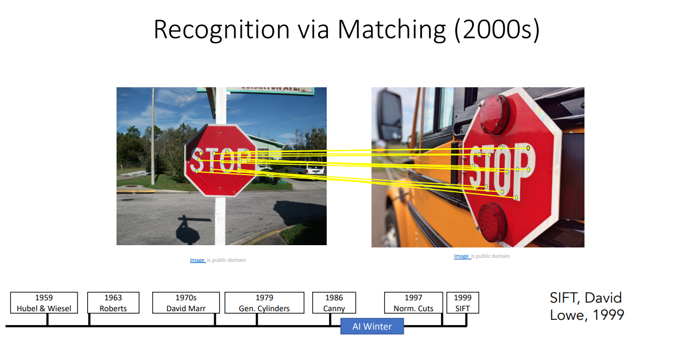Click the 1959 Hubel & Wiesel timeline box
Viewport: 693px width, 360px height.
[x=44, y=303]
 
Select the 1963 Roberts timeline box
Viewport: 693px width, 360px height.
[x=113, y=303]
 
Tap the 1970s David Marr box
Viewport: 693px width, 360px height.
[x=185, y=303]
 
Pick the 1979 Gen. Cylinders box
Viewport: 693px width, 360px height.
[x=264, y=303]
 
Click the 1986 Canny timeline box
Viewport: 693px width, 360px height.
[x=334, y=303]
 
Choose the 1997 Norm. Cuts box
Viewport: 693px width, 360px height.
[x=413, y=303]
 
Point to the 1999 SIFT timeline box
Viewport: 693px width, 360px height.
[x=462, y=303]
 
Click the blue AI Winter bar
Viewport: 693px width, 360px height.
[x=372, y=326]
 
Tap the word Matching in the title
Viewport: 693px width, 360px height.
[x=391, y=30]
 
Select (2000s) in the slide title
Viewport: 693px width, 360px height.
[x=497, y=30]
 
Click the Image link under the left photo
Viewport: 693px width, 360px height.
[x=197, y=260]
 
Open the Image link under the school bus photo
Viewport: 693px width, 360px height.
[x=461, y=256]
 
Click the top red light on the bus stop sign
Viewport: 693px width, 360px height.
[x=494, y=114]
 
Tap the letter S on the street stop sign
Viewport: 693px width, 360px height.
[x=196, y=160]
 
